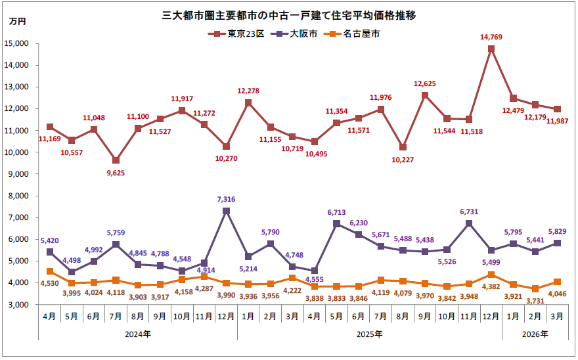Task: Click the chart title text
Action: click(288, 14)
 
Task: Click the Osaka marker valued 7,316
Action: click(227, 211)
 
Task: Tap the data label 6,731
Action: click(469, 211)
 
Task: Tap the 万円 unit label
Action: click(18, 22)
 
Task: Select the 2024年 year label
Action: click(138, 334)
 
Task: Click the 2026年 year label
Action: click(535, 334)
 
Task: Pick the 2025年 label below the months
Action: click(370, 334)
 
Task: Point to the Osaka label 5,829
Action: click(558, 231)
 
